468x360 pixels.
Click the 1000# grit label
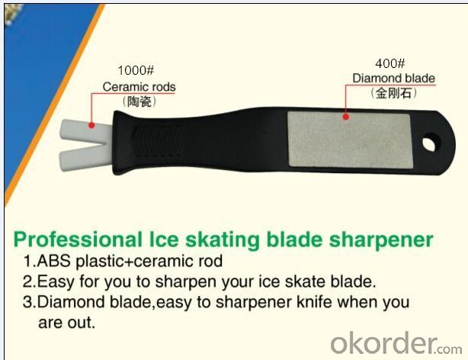[136, 70]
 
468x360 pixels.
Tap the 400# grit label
[389, 63]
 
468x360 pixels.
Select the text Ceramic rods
[139, 87]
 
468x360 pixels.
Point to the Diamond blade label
[393, 79]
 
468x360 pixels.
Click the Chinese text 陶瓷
[139, 102]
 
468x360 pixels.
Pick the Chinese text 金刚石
[393, 93]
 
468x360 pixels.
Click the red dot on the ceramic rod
[92, 125]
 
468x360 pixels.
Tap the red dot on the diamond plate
[345, 117]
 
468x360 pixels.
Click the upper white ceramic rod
[85, 129]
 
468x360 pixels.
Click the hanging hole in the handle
[431, 143]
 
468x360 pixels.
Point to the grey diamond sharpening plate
[350, 140]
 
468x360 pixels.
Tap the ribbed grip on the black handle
[157, 142]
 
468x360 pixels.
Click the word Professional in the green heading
[79, 240]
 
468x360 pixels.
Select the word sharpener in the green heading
[381, 240]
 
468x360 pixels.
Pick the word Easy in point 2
[56, 282]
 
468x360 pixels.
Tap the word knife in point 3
[314, 302]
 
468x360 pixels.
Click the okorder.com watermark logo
[396, 343]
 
